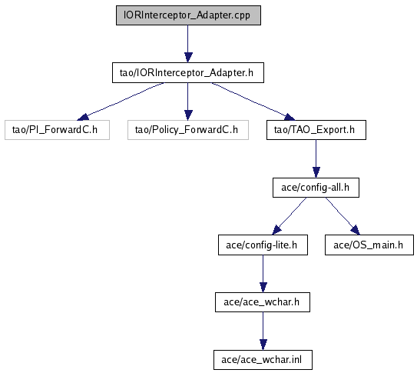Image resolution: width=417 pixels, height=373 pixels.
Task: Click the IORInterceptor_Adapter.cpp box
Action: point(188,15)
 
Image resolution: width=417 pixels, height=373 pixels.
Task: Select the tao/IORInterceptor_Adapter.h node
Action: point(188,73)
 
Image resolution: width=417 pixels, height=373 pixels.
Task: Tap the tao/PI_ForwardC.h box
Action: point(57,130)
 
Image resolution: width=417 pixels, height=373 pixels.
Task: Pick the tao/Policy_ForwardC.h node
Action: point(188,130)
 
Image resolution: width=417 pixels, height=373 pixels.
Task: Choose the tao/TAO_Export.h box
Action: point(316,130)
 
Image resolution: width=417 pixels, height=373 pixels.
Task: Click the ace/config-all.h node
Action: point(316,188)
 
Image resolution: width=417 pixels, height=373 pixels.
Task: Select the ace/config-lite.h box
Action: point(263,245)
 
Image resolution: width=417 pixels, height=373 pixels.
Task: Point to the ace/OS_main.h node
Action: point(369,245)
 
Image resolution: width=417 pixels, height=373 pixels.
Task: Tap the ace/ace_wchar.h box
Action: point(263,302)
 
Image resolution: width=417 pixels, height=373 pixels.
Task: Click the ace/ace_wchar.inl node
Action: point(263,360)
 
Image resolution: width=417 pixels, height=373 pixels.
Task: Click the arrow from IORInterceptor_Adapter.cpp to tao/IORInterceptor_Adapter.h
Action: point(188,44)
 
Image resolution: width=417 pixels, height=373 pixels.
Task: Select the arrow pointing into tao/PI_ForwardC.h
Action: point(121,102)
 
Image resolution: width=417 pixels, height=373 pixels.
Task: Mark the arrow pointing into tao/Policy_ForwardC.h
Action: point(188,102)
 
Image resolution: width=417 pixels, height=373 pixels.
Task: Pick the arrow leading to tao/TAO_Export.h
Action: point(253,102)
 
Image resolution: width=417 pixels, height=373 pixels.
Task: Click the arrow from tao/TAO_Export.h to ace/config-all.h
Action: point(316,159)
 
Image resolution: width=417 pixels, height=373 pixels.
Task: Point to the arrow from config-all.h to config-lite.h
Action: point(290,216)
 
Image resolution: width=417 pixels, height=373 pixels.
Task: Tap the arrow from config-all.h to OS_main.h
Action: point(343,216)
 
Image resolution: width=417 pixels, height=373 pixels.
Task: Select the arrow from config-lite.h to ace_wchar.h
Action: point(263,274)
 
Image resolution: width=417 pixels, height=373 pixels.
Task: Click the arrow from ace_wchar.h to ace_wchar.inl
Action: point(263,331)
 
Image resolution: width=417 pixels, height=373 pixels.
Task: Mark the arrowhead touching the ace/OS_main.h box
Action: point(356,230)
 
